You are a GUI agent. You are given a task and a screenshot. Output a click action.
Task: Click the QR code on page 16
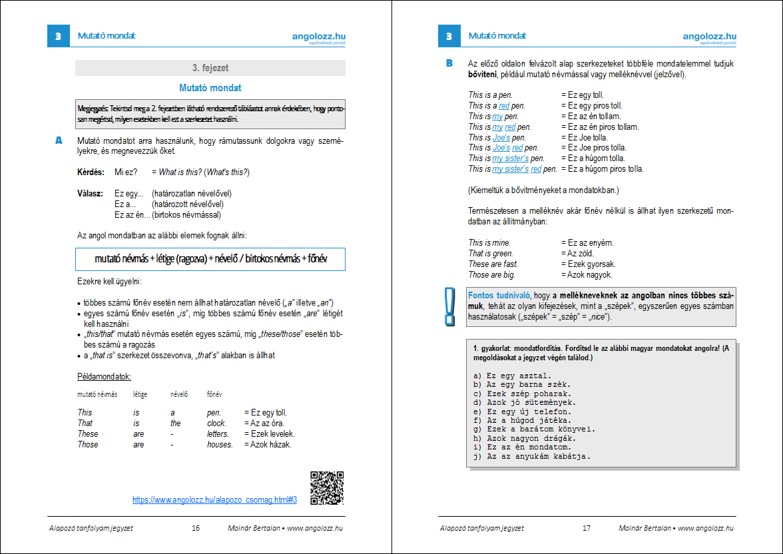click(327, 487)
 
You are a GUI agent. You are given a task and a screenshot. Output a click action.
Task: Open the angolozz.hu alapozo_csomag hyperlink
click(214, 499)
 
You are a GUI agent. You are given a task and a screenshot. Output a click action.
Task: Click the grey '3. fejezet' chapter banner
click(210, 68)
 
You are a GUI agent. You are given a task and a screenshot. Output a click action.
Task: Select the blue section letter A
click(59, 140)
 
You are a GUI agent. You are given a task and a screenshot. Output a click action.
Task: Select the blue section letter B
click(449, 64)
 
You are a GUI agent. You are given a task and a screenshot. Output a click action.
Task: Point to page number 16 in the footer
click(196, 528)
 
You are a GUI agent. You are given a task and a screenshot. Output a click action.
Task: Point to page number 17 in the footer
click(587, 528)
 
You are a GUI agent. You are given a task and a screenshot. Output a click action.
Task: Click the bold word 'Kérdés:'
click(91, 172)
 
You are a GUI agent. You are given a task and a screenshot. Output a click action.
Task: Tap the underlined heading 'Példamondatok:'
click(105, 377)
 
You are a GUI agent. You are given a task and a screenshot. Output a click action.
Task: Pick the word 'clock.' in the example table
click(216, 423)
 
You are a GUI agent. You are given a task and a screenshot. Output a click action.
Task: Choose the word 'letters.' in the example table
click(219, 434)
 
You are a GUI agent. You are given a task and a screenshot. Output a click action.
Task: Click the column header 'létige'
click(140, 395)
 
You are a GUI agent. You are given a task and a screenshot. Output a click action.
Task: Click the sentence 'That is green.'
click(491, 254)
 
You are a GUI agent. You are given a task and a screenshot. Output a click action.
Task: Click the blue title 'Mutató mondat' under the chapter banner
click(210, 88)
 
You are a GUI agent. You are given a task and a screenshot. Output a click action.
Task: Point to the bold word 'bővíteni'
click(483, 75)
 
